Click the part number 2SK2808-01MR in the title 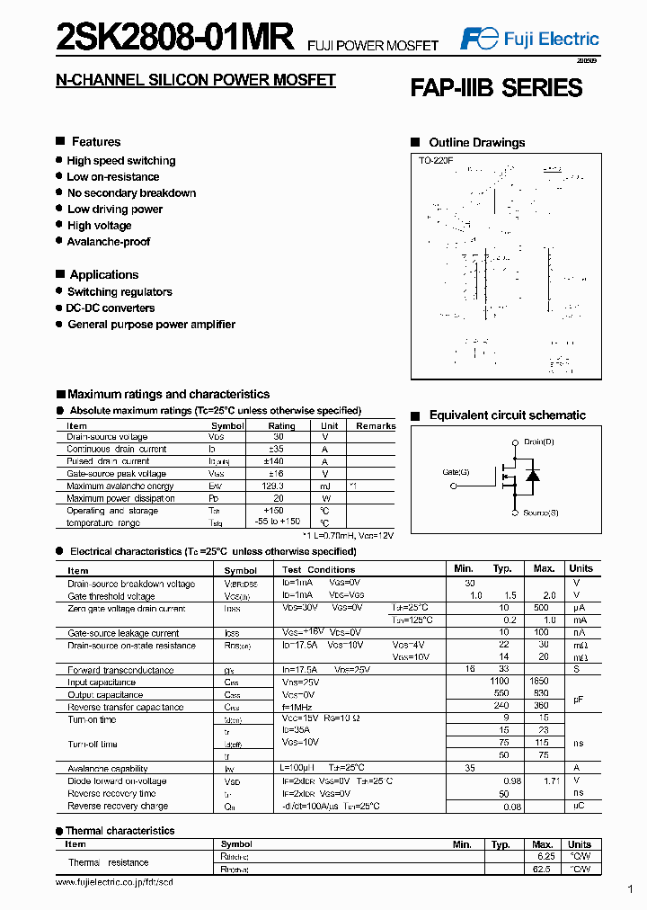click(175, 38)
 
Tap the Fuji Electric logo click(529, 39)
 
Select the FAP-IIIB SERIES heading click(496, 88)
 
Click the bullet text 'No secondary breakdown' click(131, 193)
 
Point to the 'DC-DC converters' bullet click(111, 308)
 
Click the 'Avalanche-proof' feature click(109, 242)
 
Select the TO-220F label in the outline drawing click(435, 160)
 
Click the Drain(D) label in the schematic click(539, 442)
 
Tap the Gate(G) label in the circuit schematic click(456, 471)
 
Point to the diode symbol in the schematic click(532, 475)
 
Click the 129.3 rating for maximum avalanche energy click(281, 486)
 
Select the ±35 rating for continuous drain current click(281, 450)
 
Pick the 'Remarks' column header click(376, 426)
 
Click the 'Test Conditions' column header click(318, 570)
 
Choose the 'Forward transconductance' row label click(120, 670)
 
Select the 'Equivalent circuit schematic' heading click(507, 415)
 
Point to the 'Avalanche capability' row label click(108, 769)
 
